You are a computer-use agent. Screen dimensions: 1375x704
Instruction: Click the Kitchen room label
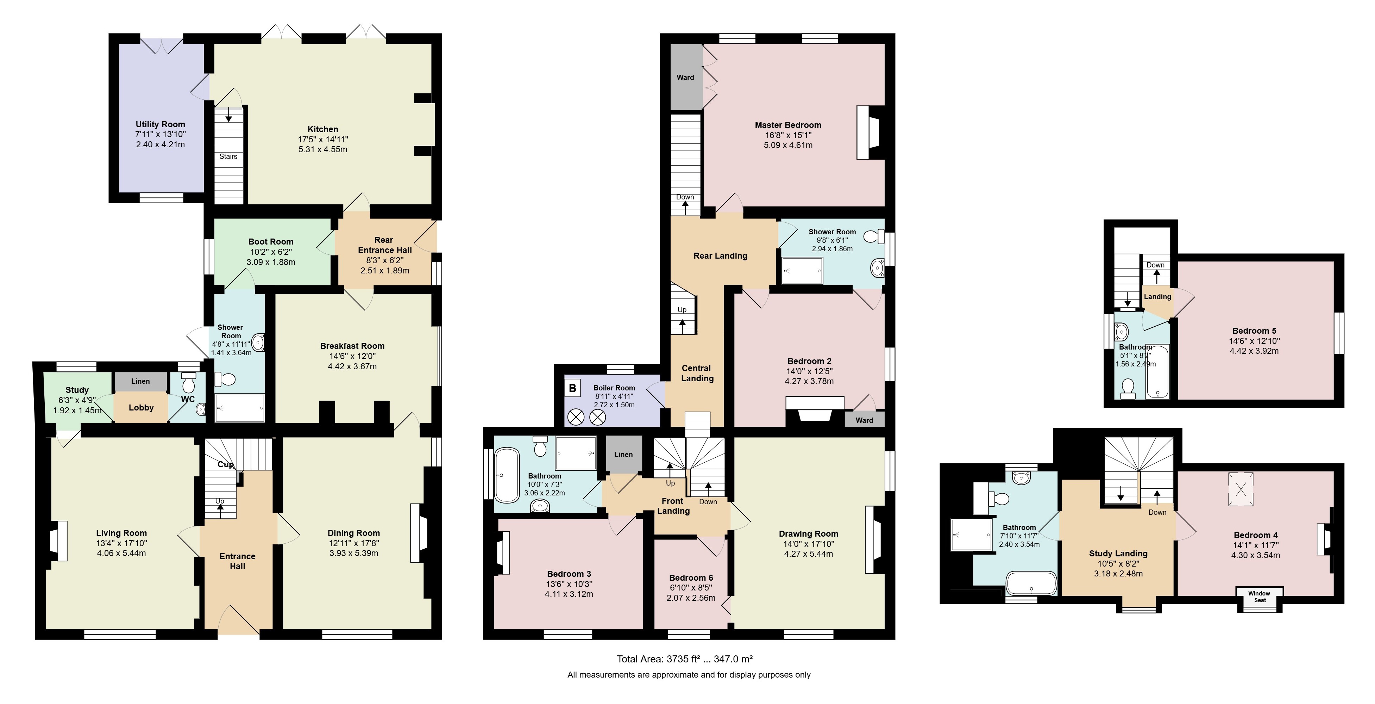323,129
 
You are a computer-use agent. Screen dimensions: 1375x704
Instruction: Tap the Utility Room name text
160,124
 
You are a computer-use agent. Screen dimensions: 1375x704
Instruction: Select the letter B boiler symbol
573,388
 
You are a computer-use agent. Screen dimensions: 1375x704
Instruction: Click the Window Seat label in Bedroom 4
1260,597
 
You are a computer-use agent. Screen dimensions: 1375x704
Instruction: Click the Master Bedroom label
788,125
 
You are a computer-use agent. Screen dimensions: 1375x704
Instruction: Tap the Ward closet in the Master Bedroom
686,78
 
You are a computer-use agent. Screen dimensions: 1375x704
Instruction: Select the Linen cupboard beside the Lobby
140,381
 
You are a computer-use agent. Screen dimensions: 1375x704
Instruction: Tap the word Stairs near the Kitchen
228,156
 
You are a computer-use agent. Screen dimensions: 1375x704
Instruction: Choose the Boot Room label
271,241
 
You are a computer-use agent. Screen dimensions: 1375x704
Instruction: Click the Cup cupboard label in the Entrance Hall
225,464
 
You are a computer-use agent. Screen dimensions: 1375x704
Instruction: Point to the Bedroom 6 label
691,578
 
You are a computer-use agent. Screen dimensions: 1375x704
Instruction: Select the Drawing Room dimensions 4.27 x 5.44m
809,554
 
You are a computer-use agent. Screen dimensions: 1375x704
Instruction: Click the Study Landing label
1118,554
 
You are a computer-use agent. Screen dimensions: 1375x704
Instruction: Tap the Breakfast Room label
352,346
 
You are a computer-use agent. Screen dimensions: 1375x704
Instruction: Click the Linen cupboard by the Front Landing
623,454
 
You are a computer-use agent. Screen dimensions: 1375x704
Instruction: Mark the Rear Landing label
720,255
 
